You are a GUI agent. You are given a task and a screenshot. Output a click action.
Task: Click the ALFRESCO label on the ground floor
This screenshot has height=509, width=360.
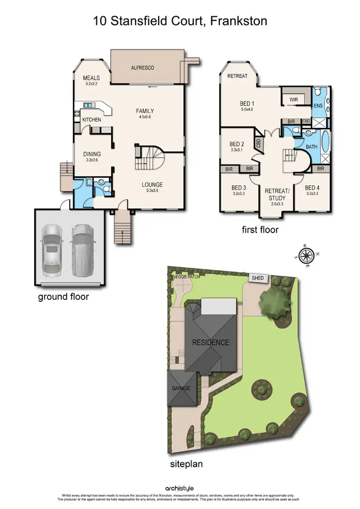(x=143, y=68)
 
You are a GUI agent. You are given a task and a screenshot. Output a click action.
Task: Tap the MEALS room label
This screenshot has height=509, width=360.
(x=91, y=78)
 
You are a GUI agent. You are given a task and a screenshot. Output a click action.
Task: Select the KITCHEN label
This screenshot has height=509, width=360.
(x=91, y=119)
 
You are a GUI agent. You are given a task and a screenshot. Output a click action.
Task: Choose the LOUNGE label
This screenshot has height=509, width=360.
(x=152, y=184)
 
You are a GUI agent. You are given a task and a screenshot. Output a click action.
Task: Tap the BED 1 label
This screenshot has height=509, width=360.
(x=247, y=103)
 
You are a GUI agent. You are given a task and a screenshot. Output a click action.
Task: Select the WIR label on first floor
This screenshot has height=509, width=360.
(x=294, y=99)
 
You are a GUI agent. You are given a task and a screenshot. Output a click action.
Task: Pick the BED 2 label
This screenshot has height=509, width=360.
(x=237, y=144)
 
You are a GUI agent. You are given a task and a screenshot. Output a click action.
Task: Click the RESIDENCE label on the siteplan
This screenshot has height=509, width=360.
(x=211, y=342)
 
